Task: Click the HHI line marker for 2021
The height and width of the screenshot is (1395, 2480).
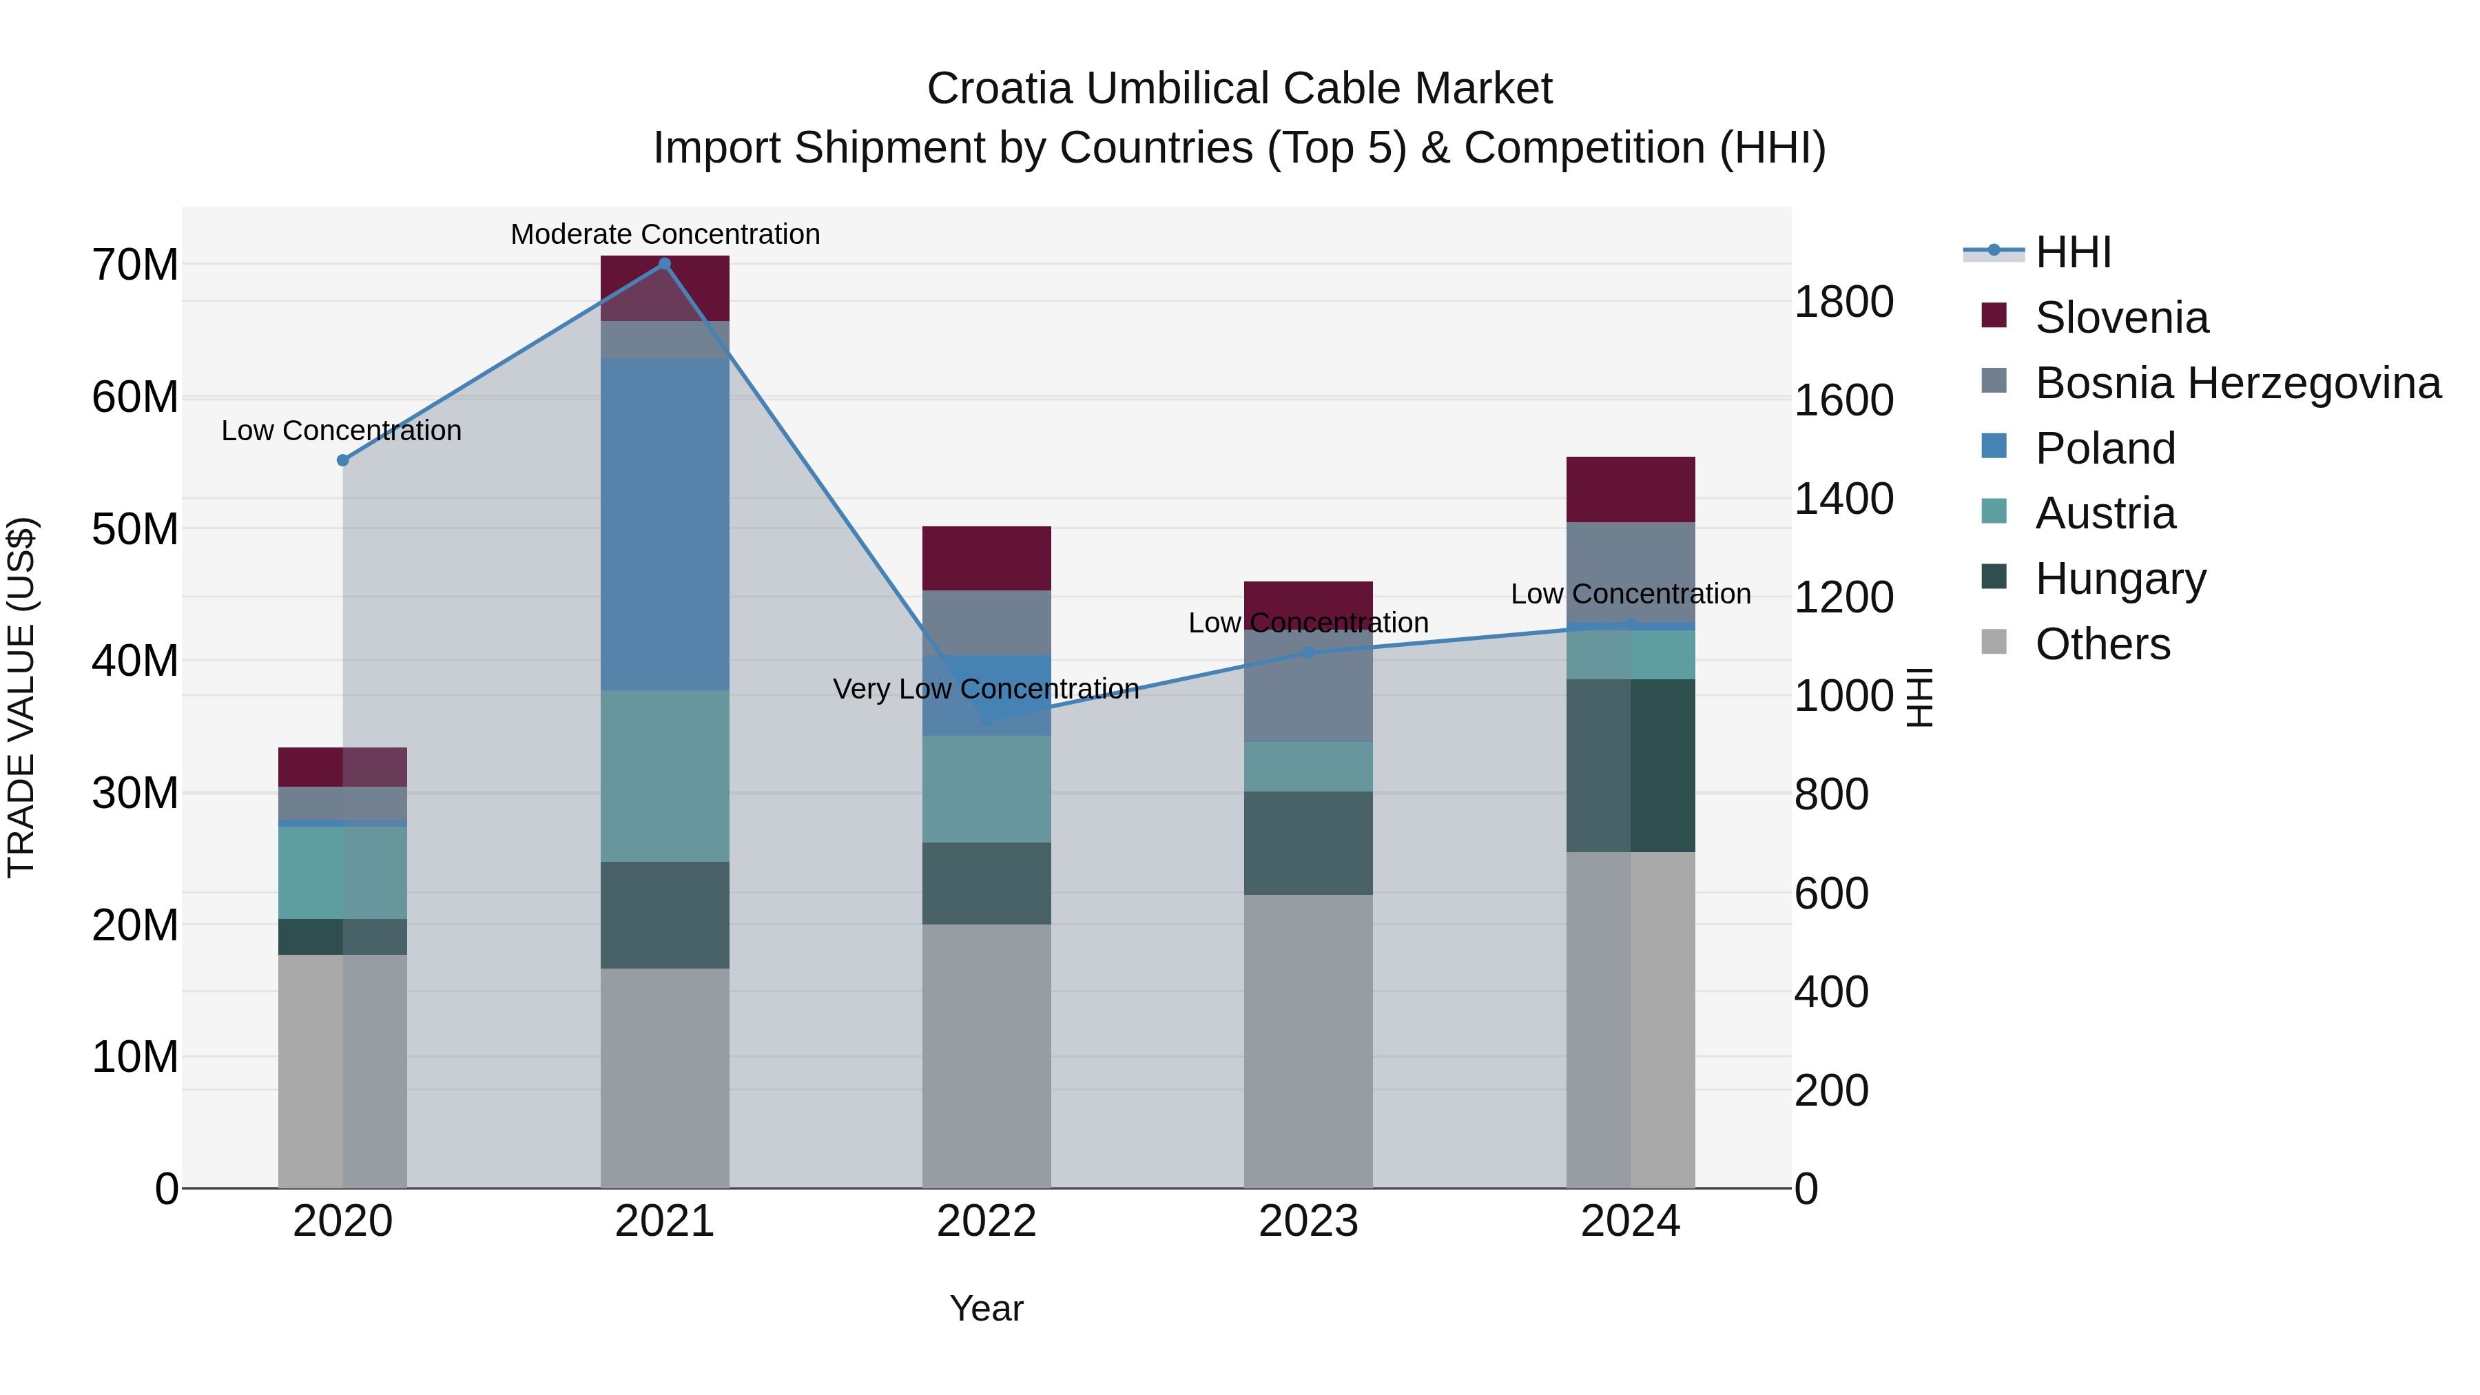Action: (x=664, y=264)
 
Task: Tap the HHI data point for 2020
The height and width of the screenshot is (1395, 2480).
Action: (x=343, y=460)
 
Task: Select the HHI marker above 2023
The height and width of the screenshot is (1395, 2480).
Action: (x=1308, y=653)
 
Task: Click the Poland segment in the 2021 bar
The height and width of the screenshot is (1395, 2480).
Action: (x=664, y=525)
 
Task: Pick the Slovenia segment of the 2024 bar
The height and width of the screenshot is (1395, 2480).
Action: (x=1630, y=489)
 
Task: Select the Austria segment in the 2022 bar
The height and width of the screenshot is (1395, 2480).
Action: (x=986, y=789)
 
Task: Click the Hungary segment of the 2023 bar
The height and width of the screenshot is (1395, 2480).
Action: (x=1308, y=843)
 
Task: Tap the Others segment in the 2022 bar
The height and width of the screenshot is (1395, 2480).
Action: (x=986, y=1055)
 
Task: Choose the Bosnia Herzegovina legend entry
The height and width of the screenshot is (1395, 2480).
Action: (x=2238, y=383)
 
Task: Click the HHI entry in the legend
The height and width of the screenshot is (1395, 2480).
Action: (x=2073, y=252)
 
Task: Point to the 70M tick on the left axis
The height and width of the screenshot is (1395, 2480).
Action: (x=135, y=265)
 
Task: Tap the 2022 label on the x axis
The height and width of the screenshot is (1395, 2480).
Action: (x=986, y=1221)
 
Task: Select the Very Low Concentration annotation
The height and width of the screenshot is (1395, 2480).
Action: (x=986, y=690)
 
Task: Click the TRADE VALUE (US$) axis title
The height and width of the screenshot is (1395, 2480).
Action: (x=21, y=697)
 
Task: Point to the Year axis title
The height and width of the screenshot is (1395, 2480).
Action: (x=986, y=1308)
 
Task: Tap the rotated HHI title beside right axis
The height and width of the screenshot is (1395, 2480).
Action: (x=1919, y=697)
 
